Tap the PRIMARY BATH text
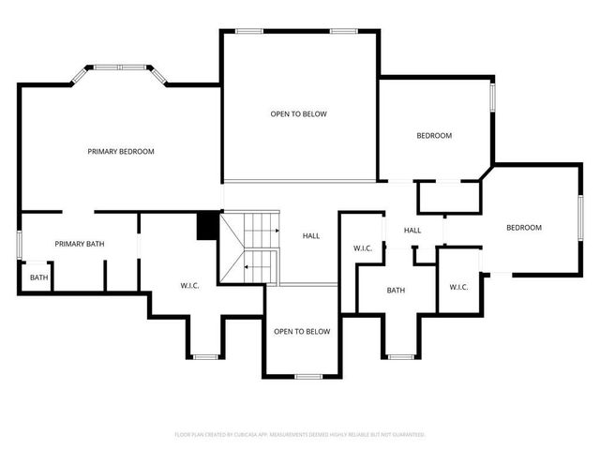click(x=80, y=244)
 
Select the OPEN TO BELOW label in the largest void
click(x=298, y=114)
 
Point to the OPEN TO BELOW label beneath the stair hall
click(x=301, y=331)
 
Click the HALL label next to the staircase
click(x=312, y=236)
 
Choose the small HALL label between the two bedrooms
click(x=412, y=231)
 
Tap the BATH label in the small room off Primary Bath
click(x=38, y=277)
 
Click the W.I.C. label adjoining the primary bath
click(x=191, y=285)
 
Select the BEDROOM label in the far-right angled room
click(x=523, y=227)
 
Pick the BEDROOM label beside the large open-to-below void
click(x=434, y=136)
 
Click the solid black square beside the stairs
click(x=207, y=226)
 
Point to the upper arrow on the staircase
click(x=276, y=230)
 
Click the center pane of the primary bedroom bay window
click(x=120, y=67)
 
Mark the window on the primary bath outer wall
click(x=20, y=244)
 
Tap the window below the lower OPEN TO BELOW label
click(x=307, y=376)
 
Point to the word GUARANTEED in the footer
click(x=406, y=435)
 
